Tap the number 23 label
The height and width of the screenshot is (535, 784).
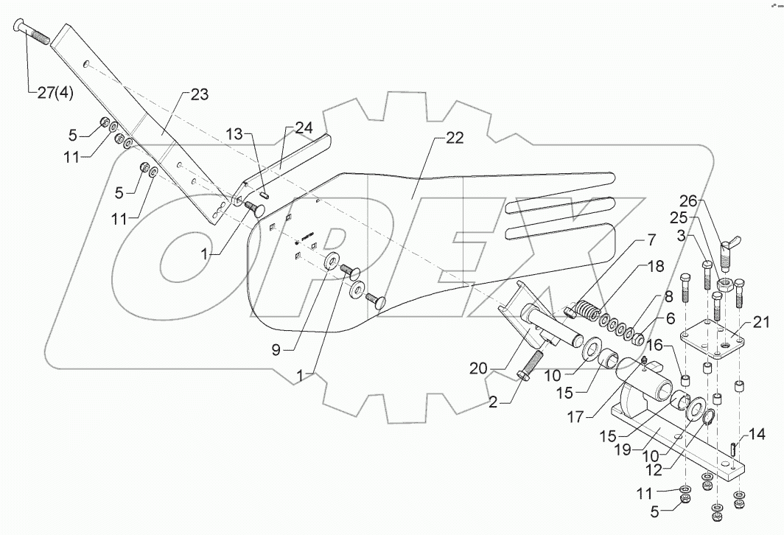tap(199, 94)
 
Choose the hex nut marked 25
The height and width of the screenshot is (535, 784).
tap(724, 282)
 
